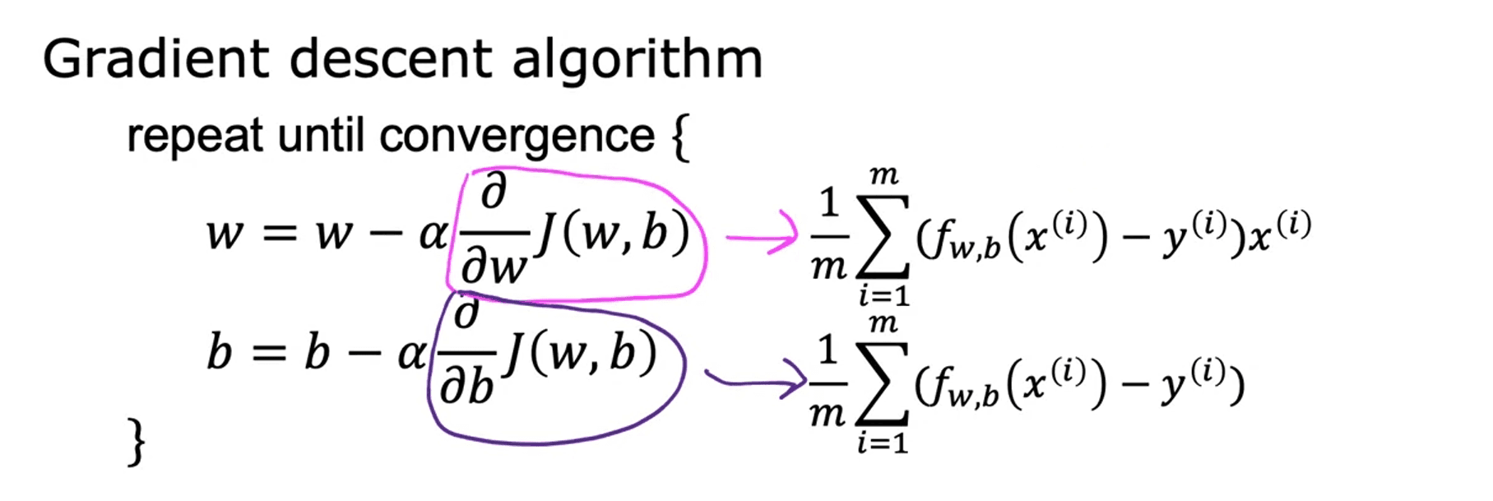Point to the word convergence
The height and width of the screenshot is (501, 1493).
(517, 136)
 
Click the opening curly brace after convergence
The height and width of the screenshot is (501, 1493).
(679, 138)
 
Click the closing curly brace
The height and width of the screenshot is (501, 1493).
(137, 443)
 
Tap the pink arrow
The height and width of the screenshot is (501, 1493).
(762, 239)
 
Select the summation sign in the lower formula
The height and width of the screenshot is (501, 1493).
(882, 383)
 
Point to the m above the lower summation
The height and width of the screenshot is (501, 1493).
(883, 323)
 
